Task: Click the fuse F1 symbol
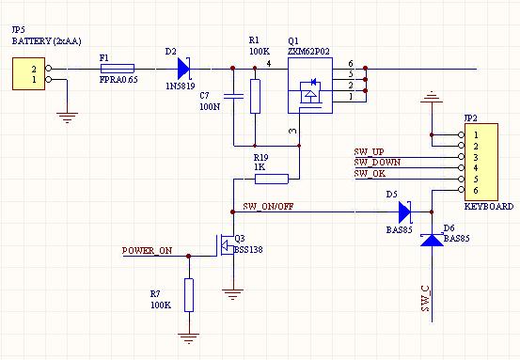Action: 117,69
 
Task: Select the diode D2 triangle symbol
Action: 183,69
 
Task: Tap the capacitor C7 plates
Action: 233,96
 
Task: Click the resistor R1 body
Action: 255,96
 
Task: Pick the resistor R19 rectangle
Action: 272,179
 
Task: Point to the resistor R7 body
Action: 189,295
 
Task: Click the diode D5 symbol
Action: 404,211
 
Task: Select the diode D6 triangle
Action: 432,240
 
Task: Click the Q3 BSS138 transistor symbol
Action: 226,245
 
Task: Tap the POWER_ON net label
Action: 147,250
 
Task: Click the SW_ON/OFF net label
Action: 268,206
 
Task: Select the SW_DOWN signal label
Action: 377,162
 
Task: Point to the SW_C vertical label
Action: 426,298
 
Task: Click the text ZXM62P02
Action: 308,52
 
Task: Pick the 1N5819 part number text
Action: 181,86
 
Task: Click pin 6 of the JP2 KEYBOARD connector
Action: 462,190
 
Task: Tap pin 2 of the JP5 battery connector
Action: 48,69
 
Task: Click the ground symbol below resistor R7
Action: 189,337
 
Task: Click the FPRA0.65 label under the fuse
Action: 118,80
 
